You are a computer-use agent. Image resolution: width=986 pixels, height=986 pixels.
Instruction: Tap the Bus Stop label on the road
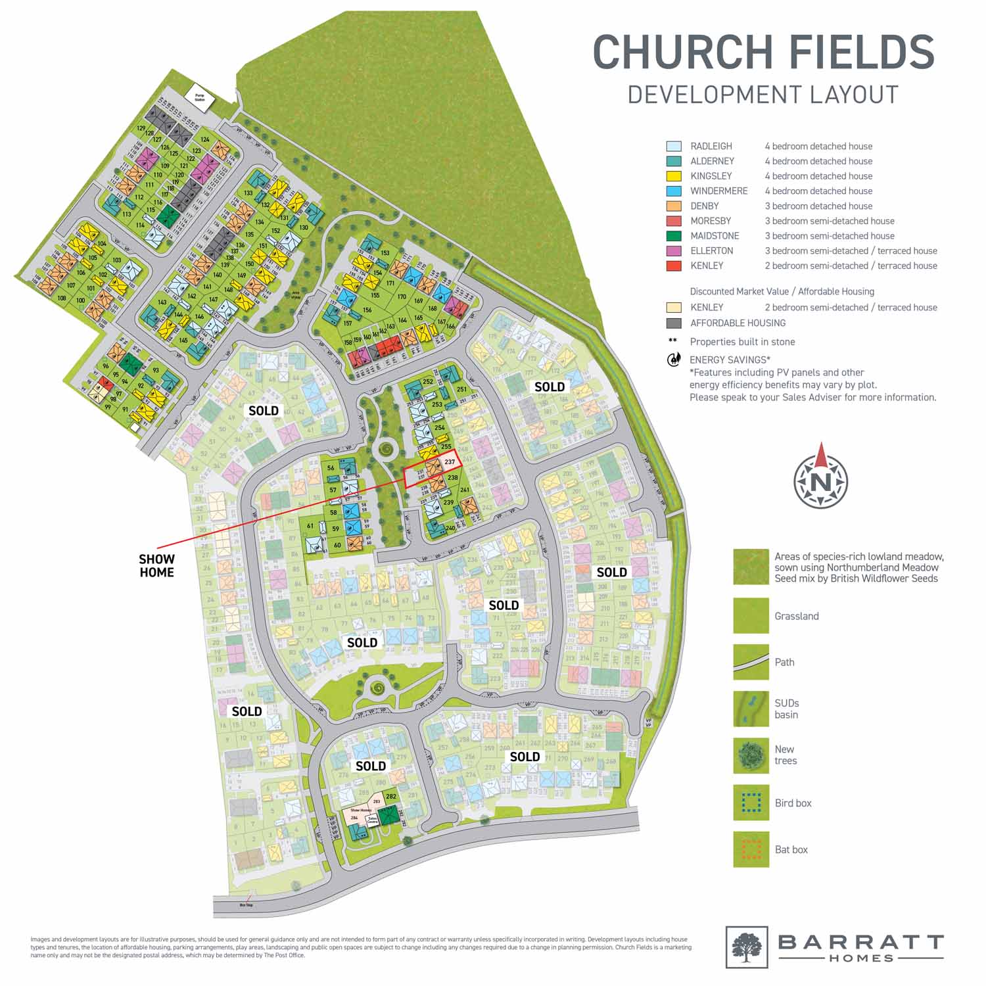point(246,905)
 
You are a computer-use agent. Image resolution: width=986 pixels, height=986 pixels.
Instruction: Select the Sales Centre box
point(372,820)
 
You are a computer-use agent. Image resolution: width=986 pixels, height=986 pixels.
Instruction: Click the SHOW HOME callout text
point(156,566)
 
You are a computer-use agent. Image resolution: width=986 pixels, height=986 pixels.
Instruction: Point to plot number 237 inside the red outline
point(450,462)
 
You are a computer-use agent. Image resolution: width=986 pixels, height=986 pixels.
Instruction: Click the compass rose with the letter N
point(820,481)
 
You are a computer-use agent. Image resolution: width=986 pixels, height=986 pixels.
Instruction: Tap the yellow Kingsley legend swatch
point(674,176)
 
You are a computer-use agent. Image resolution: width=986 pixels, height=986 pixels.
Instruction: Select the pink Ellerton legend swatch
point(674,251)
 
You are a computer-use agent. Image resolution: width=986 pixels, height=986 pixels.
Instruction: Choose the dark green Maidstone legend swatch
point(674,236)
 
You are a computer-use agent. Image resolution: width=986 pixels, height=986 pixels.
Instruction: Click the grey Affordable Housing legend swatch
point(674,323)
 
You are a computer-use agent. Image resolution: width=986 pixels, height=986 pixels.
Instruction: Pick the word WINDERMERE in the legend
point(718,191)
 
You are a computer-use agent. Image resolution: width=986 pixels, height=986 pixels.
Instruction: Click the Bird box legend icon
point(751,803)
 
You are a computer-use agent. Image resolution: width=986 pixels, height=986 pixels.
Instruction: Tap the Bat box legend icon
point(751,849)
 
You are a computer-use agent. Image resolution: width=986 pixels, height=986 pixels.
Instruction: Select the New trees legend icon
point(751,755)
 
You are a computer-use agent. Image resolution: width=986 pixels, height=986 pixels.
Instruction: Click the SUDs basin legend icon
point(751,709)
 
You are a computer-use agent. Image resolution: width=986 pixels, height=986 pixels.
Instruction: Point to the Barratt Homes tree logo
point(747,947)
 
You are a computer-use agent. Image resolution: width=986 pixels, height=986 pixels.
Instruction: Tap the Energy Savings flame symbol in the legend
point(673,360)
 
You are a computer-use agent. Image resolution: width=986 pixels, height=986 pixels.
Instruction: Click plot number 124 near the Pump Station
point(205,139)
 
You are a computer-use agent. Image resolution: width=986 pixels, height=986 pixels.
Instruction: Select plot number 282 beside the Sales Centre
point(391,797)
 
